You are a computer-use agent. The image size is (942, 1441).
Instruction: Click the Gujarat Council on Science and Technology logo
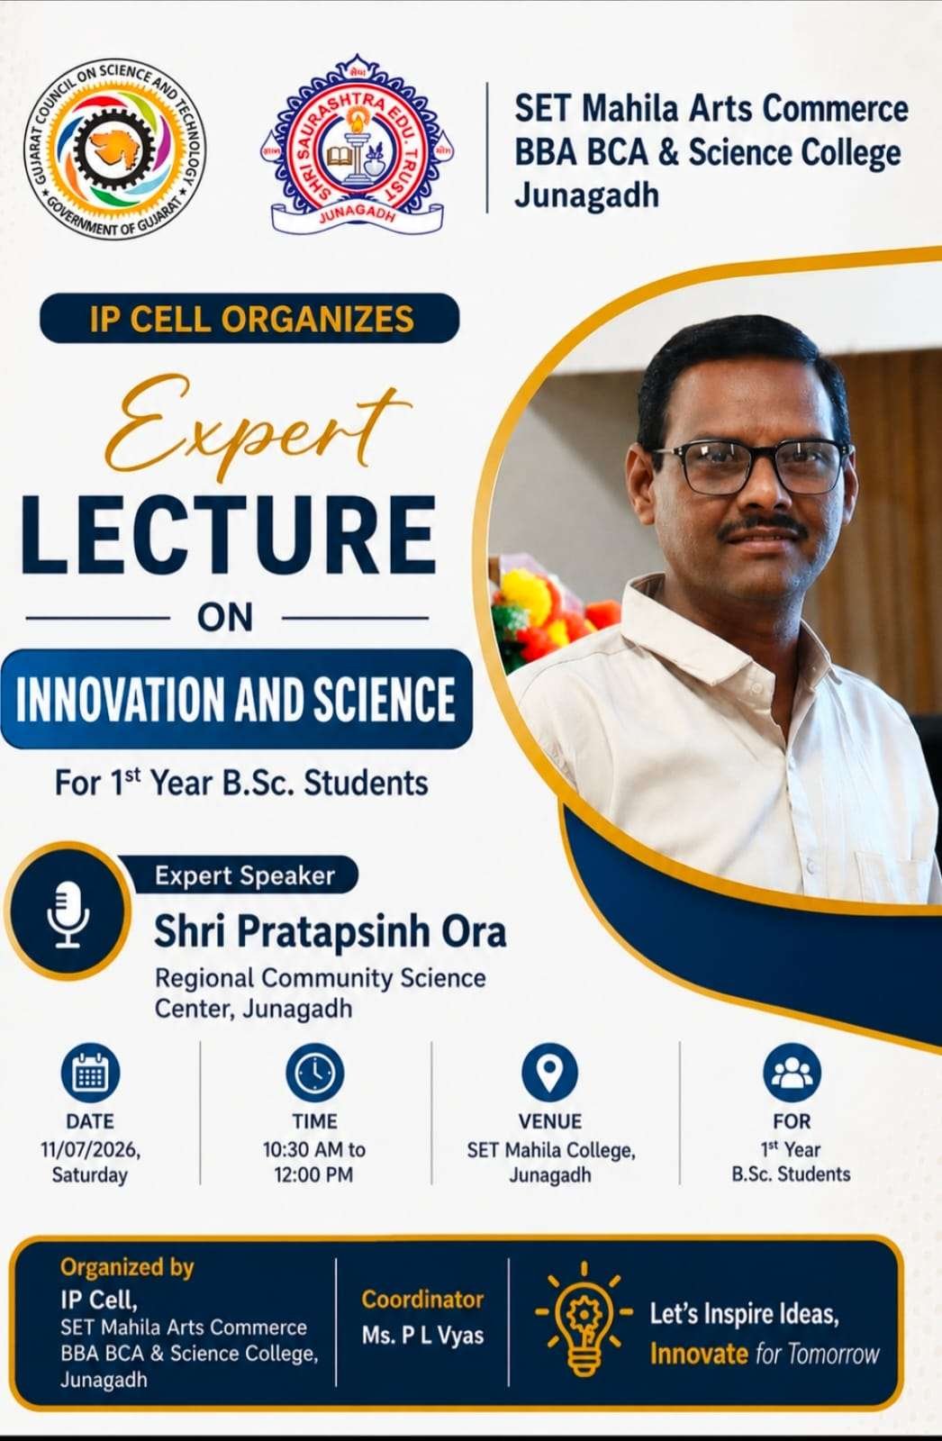[x=116, y=149]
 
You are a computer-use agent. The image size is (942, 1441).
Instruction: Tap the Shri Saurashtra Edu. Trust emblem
[x=358, y=145]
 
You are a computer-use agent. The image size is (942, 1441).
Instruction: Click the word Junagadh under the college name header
[x=587, y=195]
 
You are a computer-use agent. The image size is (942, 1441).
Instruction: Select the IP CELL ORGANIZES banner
[x=249, y=318]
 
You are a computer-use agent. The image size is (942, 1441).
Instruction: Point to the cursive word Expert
[x=258, y=427]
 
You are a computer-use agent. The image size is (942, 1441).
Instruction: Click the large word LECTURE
[x=229, y=535]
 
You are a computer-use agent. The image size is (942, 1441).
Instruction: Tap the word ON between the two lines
[x=225, y=618]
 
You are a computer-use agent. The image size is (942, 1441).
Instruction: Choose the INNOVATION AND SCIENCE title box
[x=236, y=699]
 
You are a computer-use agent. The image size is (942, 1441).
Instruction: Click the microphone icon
[x=68, y=913]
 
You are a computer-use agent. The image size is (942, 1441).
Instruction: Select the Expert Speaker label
[x=245, y=875]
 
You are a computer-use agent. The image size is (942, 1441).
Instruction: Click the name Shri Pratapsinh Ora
[x=331, y=932]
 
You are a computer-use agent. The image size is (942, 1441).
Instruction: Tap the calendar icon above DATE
[x=90, y=1073]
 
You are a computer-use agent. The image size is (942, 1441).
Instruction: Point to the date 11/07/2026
[x=91, y=1149]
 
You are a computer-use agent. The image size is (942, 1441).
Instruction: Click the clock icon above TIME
[x=314, y=1073]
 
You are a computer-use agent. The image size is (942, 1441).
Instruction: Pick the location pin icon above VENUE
[x=549, y=1073]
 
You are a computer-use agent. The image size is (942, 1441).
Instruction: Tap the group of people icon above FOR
[x=793, y=1073]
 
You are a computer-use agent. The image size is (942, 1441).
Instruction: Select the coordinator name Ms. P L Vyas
[x=422, y=1336]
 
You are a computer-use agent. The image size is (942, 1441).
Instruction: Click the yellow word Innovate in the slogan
[x=699, y=1354]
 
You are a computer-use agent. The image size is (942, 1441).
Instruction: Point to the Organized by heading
[x=127, y=1268]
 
